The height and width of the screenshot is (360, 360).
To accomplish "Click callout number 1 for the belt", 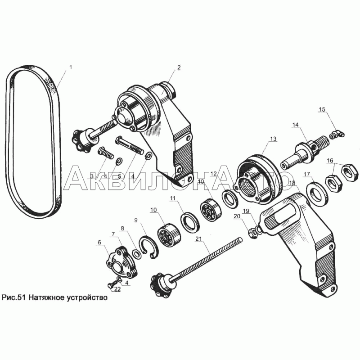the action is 71,67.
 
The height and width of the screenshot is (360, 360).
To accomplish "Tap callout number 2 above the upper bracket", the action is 179,67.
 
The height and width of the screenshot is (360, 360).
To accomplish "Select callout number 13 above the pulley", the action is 274,139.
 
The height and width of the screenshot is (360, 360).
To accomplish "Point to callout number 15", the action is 322,109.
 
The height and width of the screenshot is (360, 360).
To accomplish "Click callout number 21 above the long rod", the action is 198,239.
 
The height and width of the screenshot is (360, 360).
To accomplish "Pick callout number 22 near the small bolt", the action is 117,289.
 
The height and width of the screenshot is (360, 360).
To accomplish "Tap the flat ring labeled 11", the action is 190,223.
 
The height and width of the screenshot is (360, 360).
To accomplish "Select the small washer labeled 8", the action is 137,254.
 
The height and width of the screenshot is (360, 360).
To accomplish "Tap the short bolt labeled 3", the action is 106,153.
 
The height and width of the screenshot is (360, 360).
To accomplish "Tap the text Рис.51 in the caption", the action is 14,297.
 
